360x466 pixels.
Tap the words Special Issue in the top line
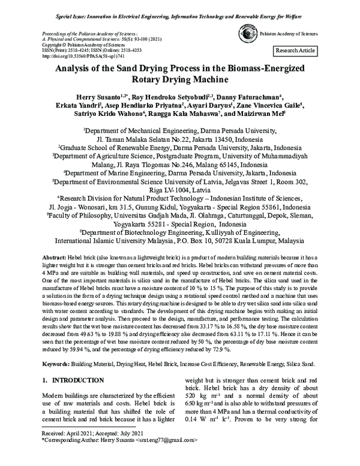pos(62,8)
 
